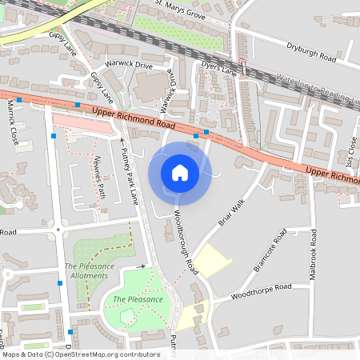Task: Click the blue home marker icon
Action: pos(179,172)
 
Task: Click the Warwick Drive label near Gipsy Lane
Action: pos(129,63)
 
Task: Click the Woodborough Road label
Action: pos(186,240)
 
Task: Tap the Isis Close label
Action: pos(352,148)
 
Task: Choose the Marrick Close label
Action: pos(12,122)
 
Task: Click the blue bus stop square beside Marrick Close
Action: pos(18,99)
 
